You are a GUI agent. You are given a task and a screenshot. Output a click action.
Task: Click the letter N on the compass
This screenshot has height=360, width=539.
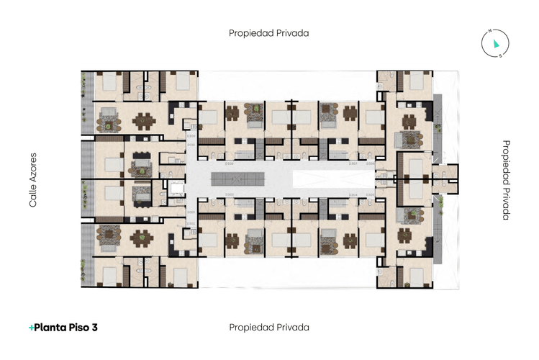pyautogui.click(x=489, y=32)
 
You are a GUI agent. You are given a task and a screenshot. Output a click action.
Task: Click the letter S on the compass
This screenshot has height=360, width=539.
pyautogui.click(x=501, y=55)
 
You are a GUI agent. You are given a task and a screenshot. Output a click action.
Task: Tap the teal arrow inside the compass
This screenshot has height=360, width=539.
pyautogui.click(x=496, y=44)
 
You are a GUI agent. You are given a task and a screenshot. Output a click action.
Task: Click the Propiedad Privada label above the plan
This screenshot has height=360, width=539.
pyautogui.click(x=269, y=32)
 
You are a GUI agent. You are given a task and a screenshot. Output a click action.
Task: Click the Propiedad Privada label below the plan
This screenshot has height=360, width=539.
pyautogui.click(x=269, y=327)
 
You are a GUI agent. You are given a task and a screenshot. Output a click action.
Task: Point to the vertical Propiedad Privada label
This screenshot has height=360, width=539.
pyautogui.click(x=505, y=180)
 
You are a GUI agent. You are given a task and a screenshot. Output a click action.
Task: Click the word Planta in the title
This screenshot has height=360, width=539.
pyautogui.click(x=50, y=328)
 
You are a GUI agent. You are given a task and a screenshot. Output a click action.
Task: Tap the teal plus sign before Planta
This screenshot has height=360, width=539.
pyautogui.click(x=31, y=328)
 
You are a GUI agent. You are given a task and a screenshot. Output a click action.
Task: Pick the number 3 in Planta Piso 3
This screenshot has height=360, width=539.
pyautogui.click(x=94, y=328)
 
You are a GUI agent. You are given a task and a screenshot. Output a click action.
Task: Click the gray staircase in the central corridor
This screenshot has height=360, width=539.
pyautogui.click(x=244, y=179)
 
